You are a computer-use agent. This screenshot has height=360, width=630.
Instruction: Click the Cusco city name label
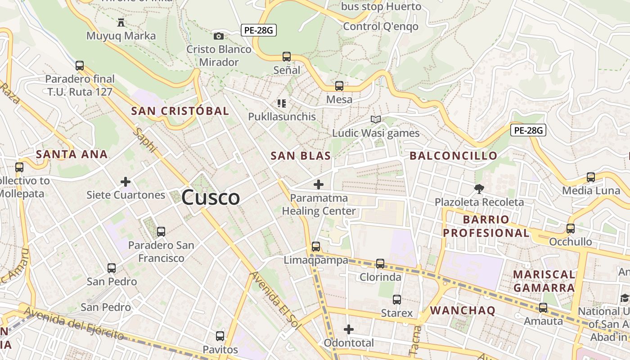tap(211, 198)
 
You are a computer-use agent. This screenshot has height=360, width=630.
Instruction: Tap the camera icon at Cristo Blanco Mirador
tap(219, 36)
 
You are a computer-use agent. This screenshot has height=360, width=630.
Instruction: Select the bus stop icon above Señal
tap(287, 57)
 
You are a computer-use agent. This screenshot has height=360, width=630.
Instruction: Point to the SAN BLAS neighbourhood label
tap(301, 156)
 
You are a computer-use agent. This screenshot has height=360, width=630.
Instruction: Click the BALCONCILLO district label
tap(454, 156)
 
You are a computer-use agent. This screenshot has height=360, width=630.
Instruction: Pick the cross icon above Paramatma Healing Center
tap(319, 184)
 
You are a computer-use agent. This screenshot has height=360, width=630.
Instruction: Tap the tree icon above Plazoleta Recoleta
tap(479, 189)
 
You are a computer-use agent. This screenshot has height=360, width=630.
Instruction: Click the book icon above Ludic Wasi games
tap(375, 119)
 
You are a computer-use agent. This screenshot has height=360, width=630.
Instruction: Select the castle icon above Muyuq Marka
tap(121, 22)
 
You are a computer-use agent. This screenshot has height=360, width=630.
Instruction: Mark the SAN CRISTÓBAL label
tap(180, 111)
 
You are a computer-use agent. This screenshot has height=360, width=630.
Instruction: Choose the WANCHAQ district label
tap(463, 310)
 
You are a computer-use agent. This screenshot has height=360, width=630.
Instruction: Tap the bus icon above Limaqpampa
tap(316, 246)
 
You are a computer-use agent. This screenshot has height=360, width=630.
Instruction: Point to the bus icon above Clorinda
tap(380, 263)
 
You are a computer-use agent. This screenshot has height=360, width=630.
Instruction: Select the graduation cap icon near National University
tap(625, 298)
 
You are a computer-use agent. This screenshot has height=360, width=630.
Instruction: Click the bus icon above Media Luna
tap(591, 177)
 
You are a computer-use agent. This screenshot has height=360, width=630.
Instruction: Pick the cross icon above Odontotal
tap(349, 329)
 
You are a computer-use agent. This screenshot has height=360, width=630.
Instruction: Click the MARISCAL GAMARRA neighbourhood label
tap(544, 281)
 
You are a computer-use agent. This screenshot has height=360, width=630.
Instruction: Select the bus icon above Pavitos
tap(220, 336)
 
